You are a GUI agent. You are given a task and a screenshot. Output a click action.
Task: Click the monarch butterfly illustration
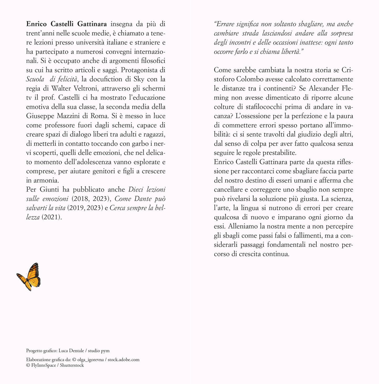29,277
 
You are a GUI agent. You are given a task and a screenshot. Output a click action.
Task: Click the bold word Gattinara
92,24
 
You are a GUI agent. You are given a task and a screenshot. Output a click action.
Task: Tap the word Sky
139,79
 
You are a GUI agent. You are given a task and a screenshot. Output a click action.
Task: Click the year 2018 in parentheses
81,199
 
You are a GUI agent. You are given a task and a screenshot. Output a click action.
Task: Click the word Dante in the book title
143,199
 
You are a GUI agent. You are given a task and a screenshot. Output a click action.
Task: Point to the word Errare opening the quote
225,24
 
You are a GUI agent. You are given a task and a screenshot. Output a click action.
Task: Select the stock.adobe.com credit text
124,360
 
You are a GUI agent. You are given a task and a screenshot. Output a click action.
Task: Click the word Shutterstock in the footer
72,365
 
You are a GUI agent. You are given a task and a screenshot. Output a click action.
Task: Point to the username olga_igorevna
90,360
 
